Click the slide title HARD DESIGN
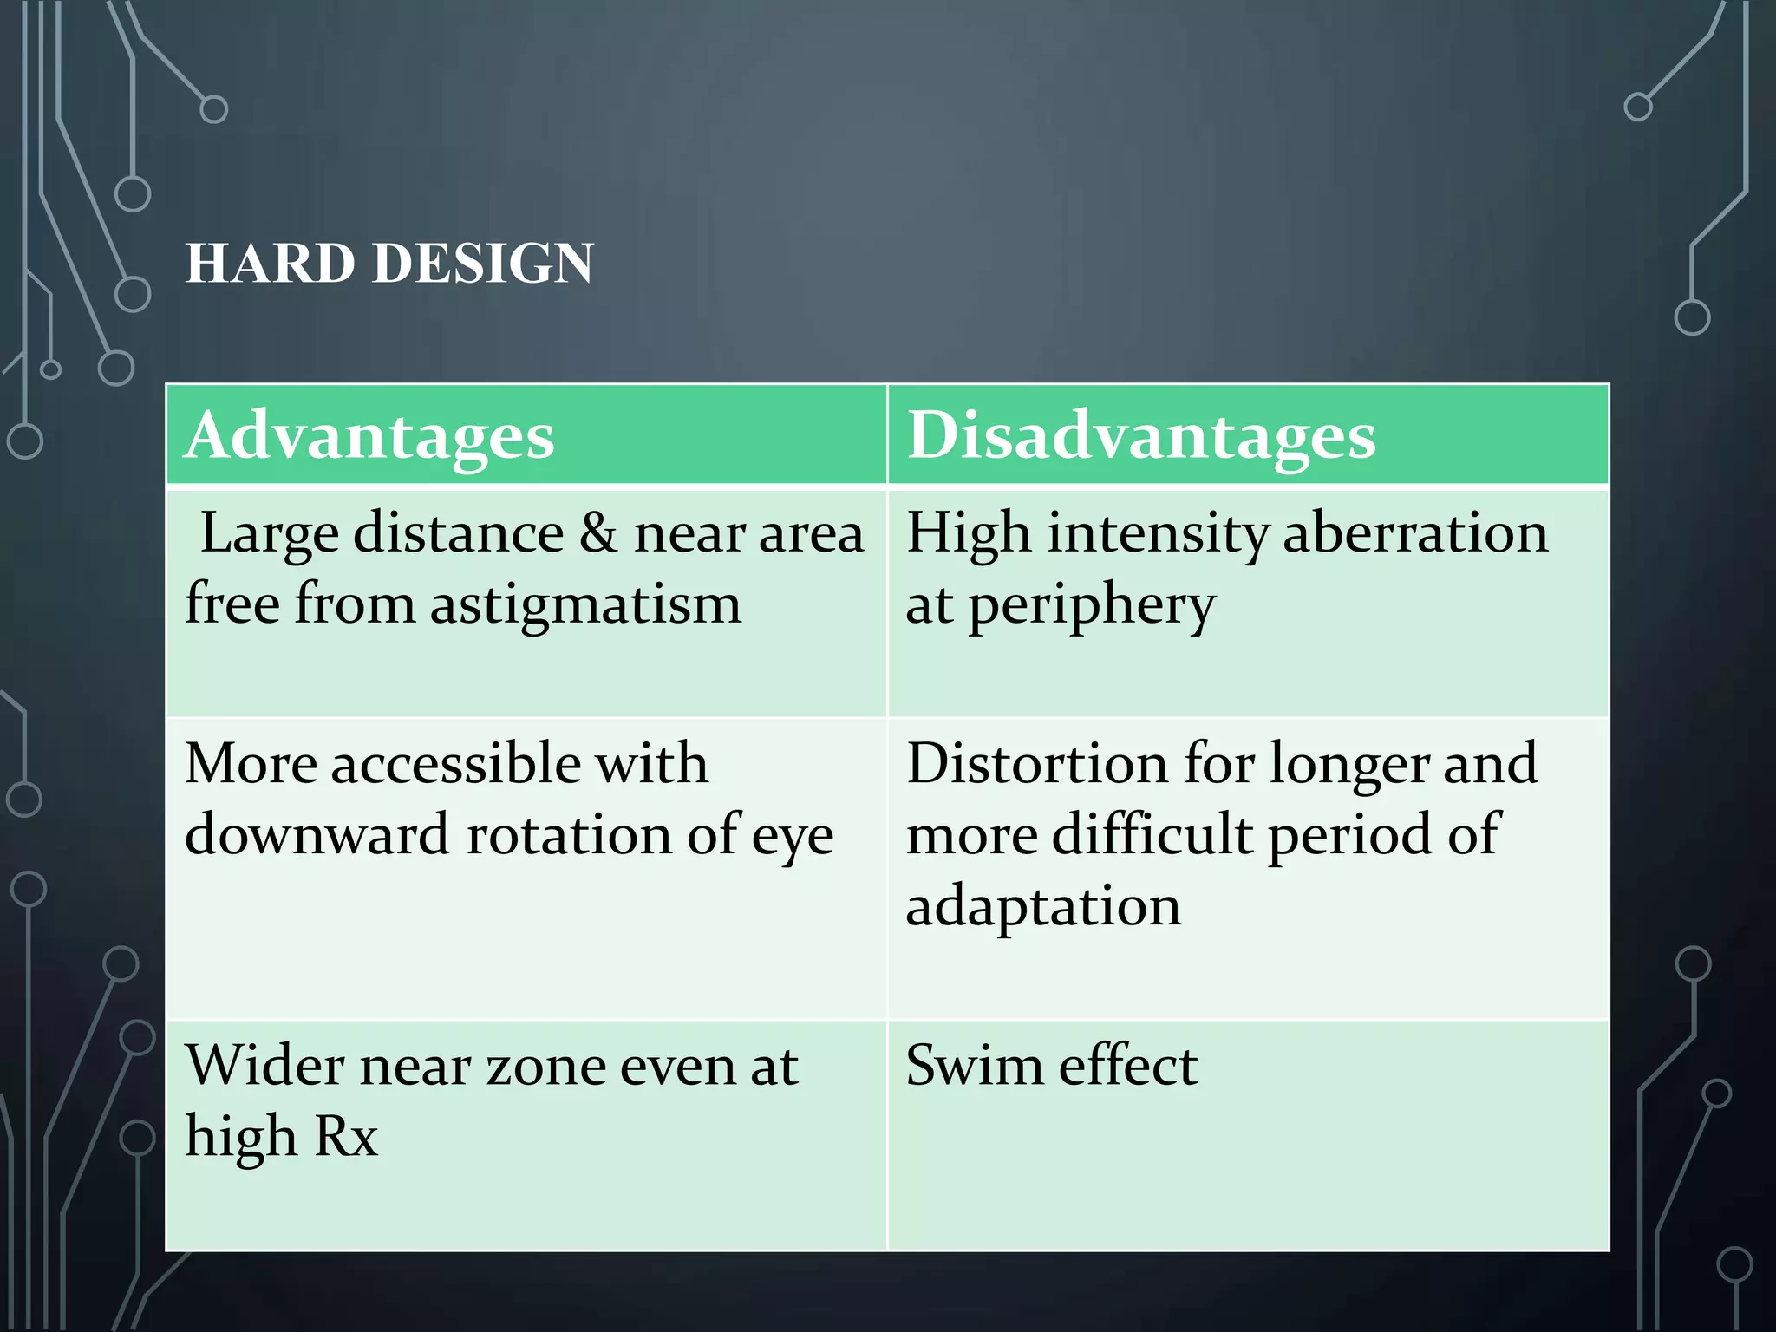tap(389, 263)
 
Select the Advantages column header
tap(369, 434)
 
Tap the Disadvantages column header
tap(1140, 434)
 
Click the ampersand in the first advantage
tap(598, 532)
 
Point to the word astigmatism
tap(585, 604)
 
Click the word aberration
tap(1414, 532)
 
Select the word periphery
tap(1091, 605)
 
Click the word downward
tap(317, 834)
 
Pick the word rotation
tap(569, 834)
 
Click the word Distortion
tap(1037, 763)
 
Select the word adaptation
tap(1043, 906)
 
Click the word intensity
tap(1158, 532)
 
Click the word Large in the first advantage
tap(269, 534)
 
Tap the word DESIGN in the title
tap(483, 263)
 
